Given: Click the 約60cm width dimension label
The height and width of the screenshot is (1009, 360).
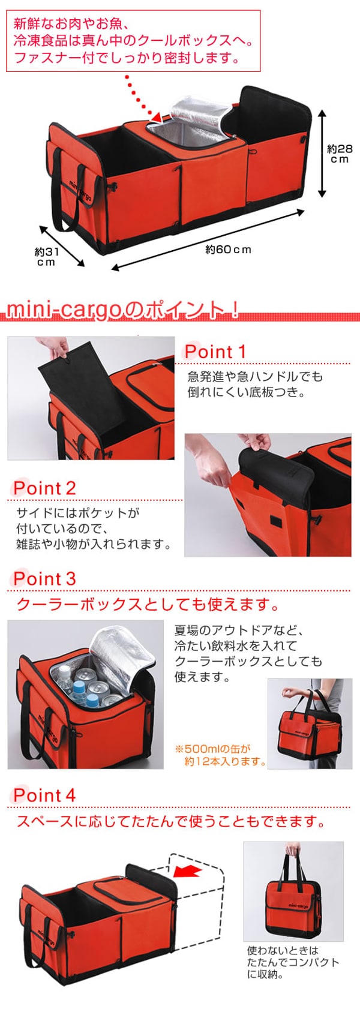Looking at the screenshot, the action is [x=228, y=249].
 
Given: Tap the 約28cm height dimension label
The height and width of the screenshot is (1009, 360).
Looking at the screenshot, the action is [x=340, y=153].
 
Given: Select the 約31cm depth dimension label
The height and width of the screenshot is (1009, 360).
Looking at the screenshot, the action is [x=46, y=257].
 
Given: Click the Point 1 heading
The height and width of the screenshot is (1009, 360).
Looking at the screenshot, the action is [x=215, y=352].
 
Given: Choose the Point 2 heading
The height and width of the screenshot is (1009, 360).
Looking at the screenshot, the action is [x=44, y=488].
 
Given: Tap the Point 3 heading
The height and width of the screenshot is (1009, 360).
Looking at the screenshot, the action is [x=44, y=579].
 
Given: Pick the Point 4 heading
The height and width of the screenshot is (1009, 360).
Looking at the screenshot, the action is [x=44, y=795].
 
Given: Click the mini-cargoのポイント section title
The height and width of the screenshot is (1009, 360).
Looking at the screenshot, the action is [x=122, y=311].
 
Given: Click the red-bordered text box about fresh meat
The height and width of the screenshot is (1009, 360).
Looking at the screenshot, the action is [x=133, y=41].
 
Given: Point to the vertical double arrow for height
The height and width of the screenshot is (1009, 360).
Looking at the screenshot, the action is [x=322, y=153].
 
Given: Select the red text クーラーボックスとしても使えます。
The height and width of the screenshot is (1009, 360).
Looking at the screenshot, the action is [x=148, y=604].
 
